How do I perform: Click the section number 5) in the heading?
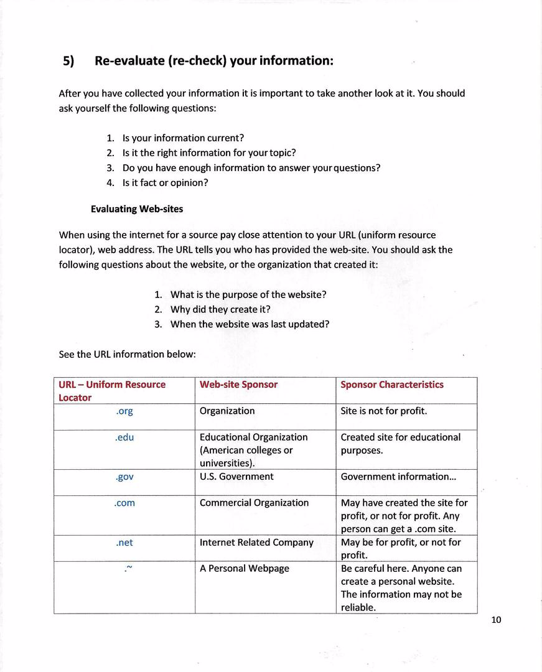click(68, 61)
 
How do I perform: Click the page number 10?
click(495, 620)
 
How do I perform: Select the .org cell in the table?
click(124, 411)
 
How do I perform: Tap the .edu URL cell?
click(124, 437)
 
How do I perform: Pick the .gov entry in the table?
click(124, 477)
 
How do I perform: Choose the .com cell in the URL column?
click(124, 503)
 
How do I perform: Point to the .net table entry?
click(124, 543)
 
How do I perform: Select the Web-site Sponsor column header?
click(238, 385)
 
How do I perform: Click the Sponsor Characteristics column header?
click(392, 385)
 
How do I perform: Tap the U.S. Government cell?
click(236, 477)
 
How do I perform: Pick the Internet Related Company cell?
click(256, 543)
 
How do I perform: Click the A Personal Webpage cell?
click(245, 569)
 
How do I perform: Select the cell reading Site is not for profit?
click(384, 411)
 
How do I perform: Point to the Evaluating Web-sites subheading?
click(137, 209)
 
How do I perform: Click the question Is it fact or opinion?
click(165, 183)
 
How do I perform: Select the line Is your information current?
click(183, 138)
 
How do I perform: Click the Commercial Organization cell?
click(254, 503)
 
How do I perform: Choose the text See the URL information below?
click(127, 355)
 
